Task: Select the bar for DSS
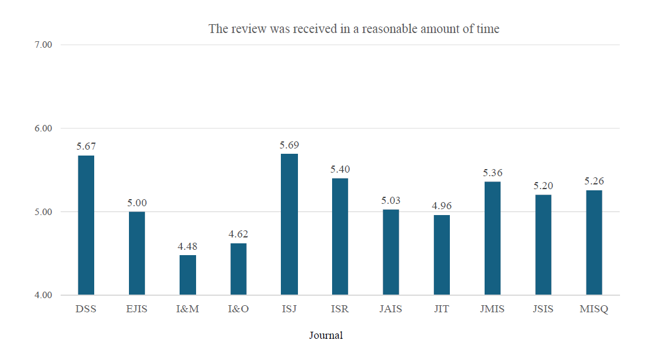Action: coord(86,225)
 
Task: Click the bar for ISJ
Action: coord(289,224)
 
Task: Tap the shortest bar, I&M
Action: coord(188,275)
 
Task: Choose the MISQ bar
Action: coord(594,242)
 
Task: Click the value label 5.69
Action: coord(289,145)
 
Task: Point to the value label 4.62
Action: coord(238,235)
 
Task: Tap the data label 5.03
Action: coord(390,201)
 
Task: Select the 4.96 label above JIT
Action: coord(442,206)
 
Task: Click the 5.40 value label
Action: coord(340,170)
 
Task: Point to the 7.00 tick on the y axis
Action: coord(44,45)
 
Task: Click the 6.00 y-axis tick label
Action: coord(44,128)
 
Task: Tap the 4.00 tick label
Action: coord(44,295)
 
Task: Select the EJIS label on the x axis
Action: coord(137,309)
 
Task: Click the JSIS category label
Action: coord(543,309)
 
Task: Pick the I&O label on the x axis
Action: coord(238,309)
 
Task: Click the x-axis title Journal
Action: coord(326,335)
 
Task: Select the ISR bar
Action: coord(340,236)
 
